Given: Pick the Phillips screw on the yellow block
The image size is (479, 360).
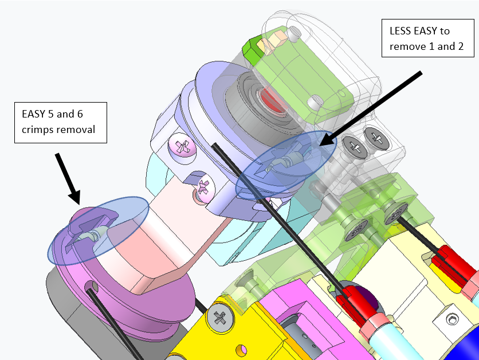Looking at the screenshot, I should click(x=219, y=317).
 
